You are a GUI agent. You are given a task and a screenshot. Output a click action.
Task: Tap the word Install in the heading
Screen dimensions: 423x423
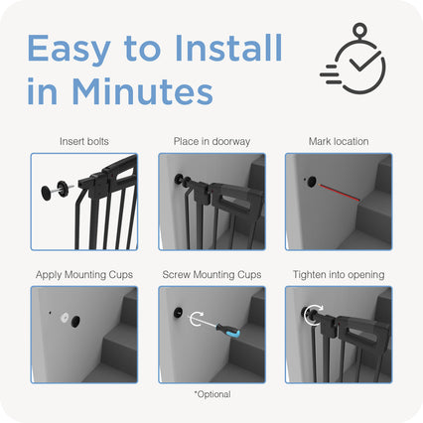(x=228, y=48)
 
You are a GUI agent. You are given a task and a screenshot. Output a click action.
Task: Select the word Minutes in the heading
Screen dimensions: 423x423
(x=142, y=91)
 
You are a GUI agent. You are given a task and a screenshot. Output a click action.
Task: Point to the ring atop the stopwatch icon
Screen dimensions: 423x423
(x=359, y=30)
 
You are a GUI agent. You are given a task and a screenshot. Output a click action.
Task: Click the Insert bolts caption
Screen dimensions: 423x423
(x=84, y=141)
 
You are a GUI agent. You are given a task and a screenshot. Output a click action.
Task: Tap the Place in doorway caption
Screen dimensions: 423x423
(x=211, y=142)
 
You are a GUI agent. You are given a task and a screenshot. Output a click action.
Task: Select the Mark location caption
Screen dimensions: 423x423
(x=339, y=141)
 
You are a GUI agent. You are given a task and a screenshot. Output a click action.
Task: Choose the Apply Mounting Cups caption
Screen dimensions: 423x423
(x=84, y=275)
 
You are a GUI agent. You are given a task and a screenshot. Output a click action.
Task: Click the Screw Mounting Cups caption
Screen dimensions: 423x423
(x=211, y=275)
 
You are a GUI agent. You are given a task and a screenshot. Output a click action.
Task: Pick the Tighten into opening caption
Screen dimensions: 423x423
(x=339, y=275)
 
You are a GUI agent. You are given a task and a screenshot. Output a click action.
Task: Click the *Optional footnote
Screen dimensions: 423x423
(x=212, y=394)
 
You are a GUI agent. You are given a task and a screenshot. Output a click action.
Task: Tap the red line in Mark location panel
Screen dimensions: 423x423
(x=339, y=193)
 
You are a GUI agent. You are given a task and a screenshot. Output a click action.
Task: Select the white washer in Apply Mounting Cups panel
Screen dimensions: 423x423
(x=65, y=317)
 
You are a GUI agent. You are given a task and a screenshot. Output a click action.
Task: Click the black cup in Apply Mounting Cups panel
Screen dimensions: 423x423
(x=75, y=321)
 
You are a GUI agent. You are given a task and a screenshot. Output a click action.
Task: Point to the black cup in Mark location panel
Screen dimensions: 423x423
(x=312, y=182)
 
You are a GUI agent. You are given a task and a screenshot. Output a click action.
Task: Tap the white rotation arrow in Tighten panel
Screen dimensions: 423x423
(x=313, y=315)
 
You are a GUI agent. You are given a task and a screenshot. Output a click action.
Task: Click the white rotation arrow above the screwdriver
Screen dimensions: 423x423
(x=197, y=319)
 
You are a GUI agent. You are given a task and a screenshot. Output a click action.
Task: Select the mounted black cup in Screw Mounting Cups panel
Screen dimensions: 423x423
(x=178, y=312)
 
